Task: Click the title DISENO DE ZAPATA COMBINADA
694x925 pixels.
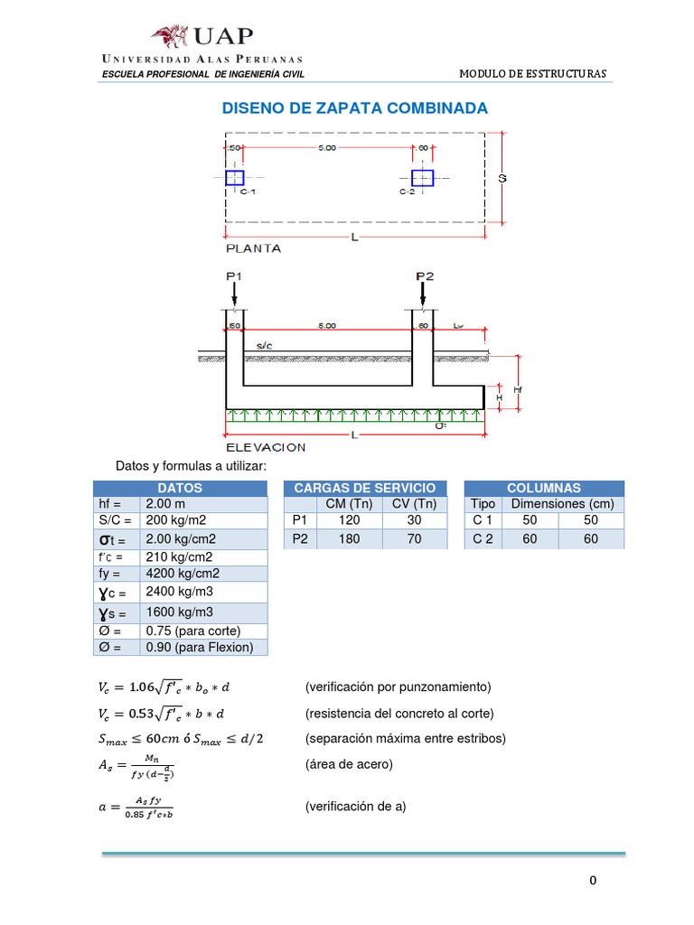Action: click(354, 108)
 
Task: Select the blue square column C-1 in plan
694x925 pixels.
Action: click(235, 177)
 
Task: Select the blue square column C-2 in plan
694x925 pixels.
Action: click(422, 178)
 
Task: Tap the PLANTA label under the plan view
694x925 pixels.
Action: click(252, 248)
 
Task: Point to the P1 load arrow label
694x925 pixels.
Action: click(234, 276)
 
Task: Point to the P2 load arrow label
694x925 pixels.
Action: click(425, 276)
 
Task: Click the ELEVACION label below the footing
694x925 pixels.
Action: click(265, 447)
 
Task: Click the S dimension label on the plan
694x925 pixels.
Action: click(503, 178)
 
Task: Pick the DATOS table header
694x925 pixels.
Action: click(180, 488)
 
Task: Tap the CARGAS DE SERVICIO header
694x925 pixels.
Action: click(364, 488)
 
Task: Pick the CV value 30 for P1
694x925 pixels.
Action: click(415, 521)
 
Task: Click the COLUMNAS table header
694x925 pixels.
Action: click(544, 488)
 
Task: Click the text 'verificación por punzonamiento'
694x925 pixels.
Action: click(399, 686)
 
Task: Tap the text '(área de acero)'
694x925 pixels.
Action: click(349, 764)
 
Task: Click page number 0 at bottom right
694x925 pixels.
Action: click(592, 881)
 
